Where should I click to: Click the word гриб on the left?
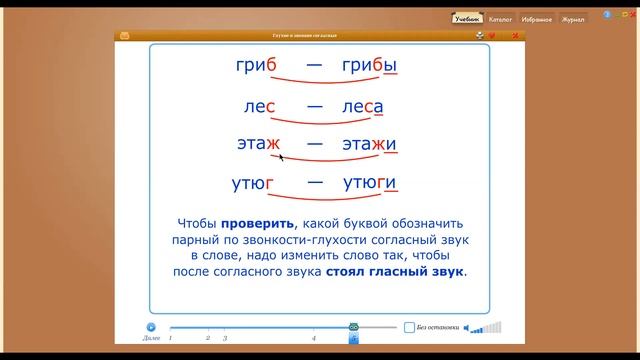[x=256, y=66]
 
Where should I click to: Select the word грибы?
[x=369, y=66]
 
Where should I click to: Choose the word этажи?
[x=369, y=144]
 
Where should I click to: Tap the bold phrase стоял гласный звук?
[x=395, y=271]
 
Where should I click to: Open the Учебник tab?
[x=466, y=18]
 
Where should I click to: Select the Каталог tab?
[x=500, y=18]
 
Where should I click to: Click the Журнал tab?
[x=573, y=18]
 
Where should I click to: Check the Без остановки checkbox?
[x=410, y=327]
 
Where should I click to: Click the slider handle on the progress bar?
[x=353, y=327]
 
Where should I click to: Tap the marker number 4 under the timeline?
[x=314, y=340]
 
